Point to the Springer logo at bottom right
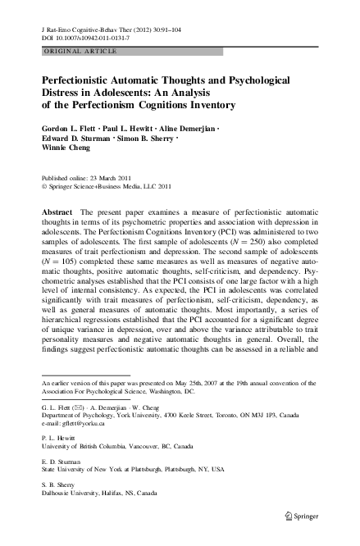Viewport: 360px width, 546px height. click(x=300, y=515)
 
